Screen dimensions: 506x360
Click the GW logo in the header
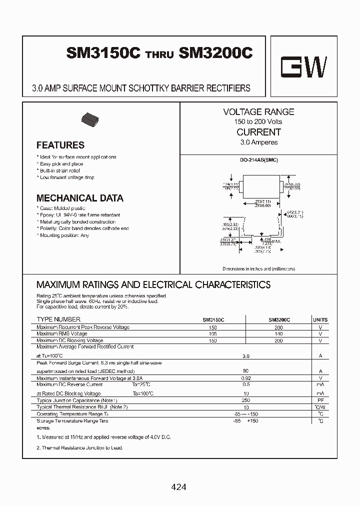click(303, 68)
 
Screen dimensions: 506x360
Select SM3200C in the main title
click(215, 54)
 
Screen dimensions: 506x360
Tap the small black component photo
click(90, 119)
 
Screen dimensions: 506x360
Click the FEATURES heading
click(60, 145)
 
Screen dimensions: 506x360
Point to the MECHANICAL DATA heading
click(80, 198)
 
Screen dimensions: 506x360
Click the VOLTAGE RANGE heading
click(258, 112)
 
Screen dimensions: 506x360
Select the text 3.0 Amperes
click(258, 142)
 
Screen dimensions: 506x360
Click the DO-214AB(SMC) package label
click(258, 159)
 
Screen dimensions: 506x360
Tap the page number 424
click(178, 486)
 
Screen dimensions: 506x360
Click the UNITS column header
click(320, 319)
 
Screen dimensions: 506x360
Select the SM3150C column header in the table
click(213, 319)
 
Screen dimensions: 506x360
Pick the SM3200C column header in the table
click(279, 319)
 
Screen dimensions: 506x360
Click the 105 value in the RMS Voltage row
click(213, 333)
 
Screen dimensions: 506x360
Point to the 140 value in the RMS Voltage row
click(279, 333)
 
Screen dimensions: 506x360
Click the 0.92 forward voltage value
click(245, 378)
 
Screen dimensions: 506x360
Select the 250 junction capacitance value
click(245, 400)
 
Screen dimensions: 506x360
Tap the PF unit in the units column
click(320, 400)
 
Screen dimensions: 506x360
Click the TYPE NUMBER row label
click(58, 319)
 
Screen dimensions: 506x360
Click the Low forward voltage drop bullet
click(67, 177)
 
